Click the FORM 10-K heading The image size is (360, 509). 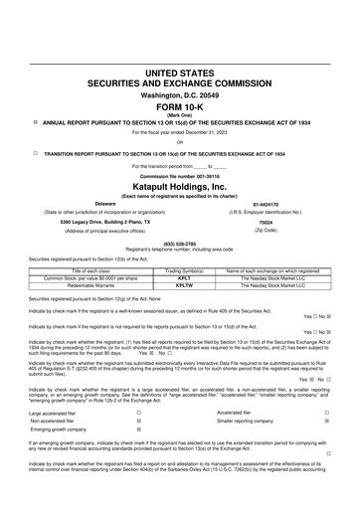tap(179, 105)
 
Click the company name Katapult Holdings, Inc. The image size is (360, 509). tap(179, 186)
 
